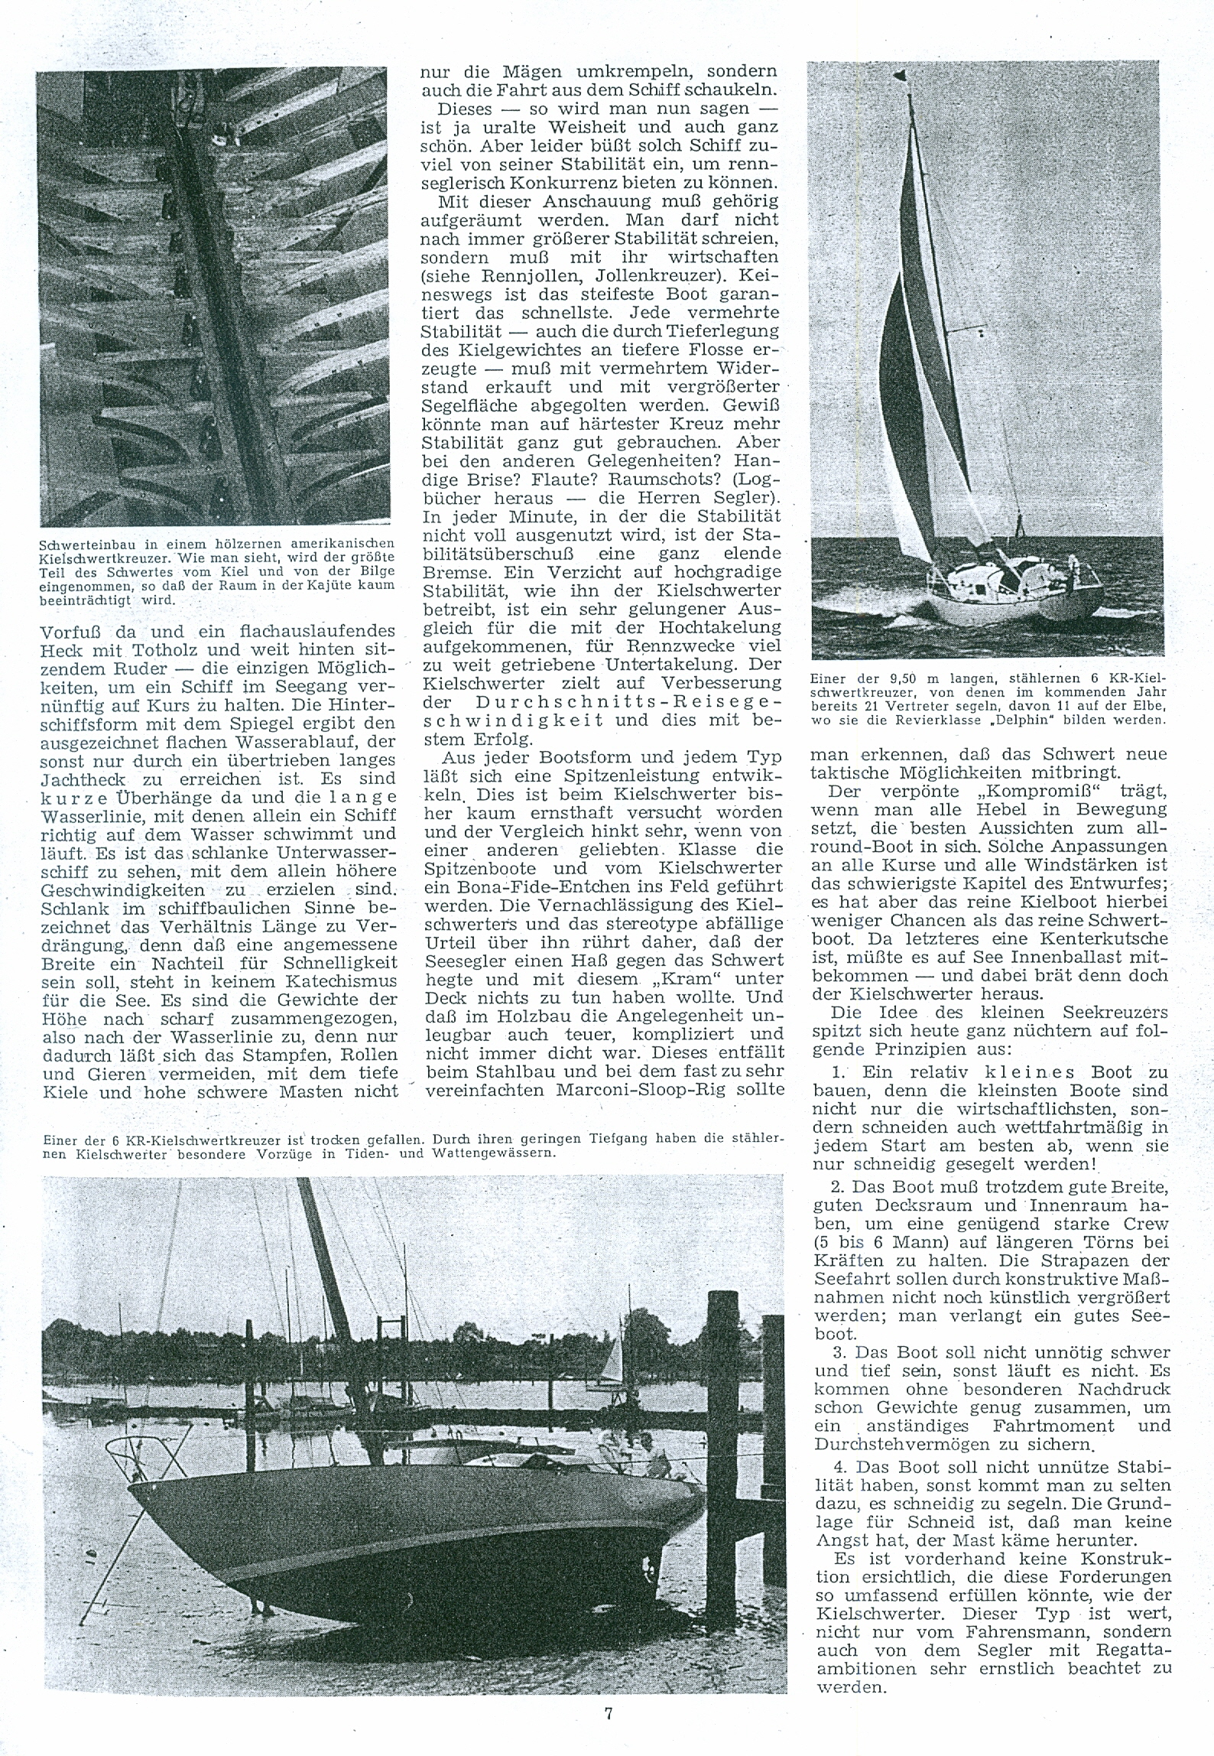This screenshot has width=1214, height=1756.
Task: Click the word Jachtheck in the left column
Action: (x=78, y=779)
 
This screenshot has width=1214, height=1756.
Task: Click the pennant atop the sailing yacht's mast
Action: (x=904, y=76)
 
